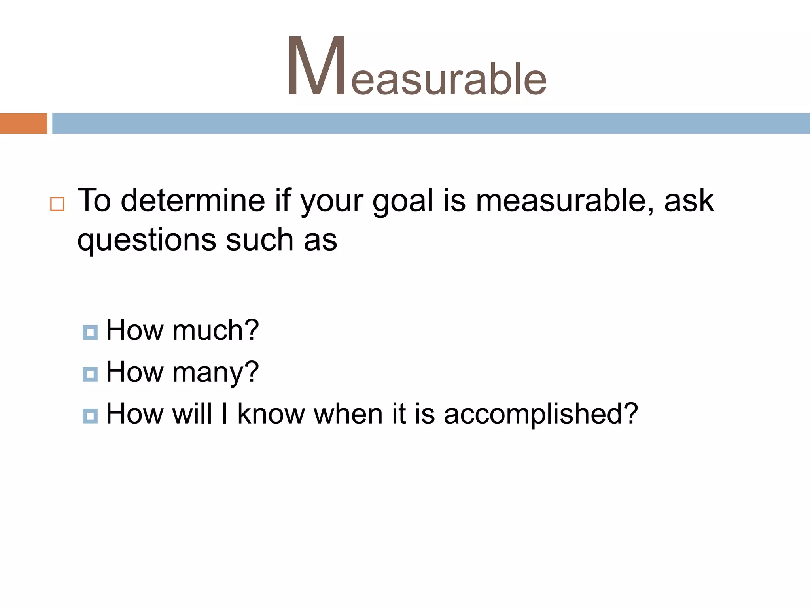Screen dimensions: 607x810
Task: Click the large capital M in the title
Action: click(x=316, y=66)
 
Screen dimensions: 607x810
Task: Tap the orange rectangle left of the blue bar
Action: click(x=23, y=123)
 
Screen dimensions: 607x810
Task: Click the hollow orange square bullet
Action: click(x=57, y=204)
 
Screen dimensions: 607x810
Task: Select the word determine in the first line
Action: click(x=193, y=200)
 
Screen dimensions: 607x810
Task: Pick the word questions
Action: click(x=147, y=240)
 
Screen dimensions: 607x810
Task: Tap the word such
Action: click(x=259, y=239)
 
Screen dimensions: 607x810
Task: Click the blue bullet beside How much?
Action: click(x=90, y=332)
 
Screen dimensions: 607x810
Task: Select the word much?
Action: click(x=216, y=330)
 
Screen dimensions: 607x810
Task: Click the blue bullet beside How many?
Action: click(x=90, y=374)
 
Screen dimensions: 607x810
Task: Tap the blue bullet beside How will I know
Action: click(x=90, y=416)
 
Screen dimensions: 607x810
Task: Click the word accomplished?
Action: click(x=541, y=414)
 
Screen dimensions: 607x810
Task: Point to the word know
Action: click(x=271, y=414)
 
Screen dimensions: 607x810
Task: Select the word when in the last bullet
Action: click(x=348, y=414)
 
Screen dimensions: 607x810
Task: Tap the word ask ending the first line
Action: click(x=689, y=200)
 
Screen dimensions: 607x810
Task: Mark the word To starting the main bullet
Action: click(x=94, y=200)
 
